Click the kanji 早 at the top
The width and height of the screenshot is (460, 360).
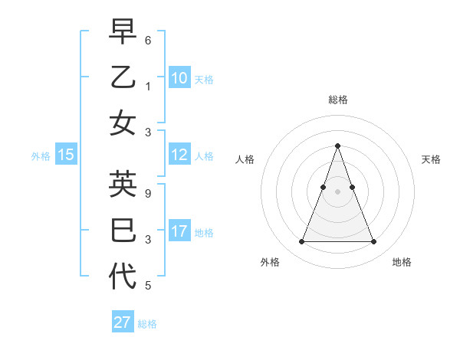tap(123, 31)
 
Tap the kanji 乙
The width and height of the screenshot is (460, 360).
tap(123, 77)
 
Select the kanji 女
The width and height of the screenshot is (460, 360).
tap(123, 123)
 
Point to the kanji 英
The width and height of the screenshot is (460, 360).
tap(123, 185)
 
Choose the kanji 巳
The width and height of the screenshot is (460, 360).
tap(123, 231)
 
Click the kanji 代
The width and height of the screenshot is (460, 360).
tap(123, 276)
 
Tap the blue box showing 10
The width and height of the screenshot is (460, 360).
tap(179, 77)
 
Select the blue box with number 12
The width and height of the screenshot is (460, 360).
tap(179, 155)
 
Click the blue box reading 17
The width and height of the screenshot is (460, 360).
tap(179, 231)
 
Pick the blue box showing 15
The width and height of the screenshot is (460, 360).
tap(66, 155)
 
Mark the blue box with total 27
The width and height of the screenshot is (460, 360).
tap(123, 322)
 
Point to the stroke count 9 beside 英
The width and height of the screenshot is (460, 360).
tap(148, 194)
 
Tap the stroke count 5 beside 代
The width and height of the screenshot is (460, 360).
tap(148, 286)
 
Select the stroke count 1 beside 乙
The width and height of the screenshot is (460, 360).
tap(148, 86)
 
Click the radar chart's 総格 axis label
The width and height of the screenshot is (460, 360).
tap(337, 100)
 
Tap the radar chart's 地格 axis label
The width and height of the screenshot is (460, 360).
tap(402, 262)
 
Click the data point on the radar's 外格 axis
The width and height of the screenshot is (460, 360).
tap(301, 242)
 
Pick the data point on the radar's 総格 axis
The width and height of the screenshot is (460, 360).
tap(337, 146)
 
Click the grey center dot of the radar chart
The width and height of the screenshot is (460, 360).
tap(337, 191)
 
